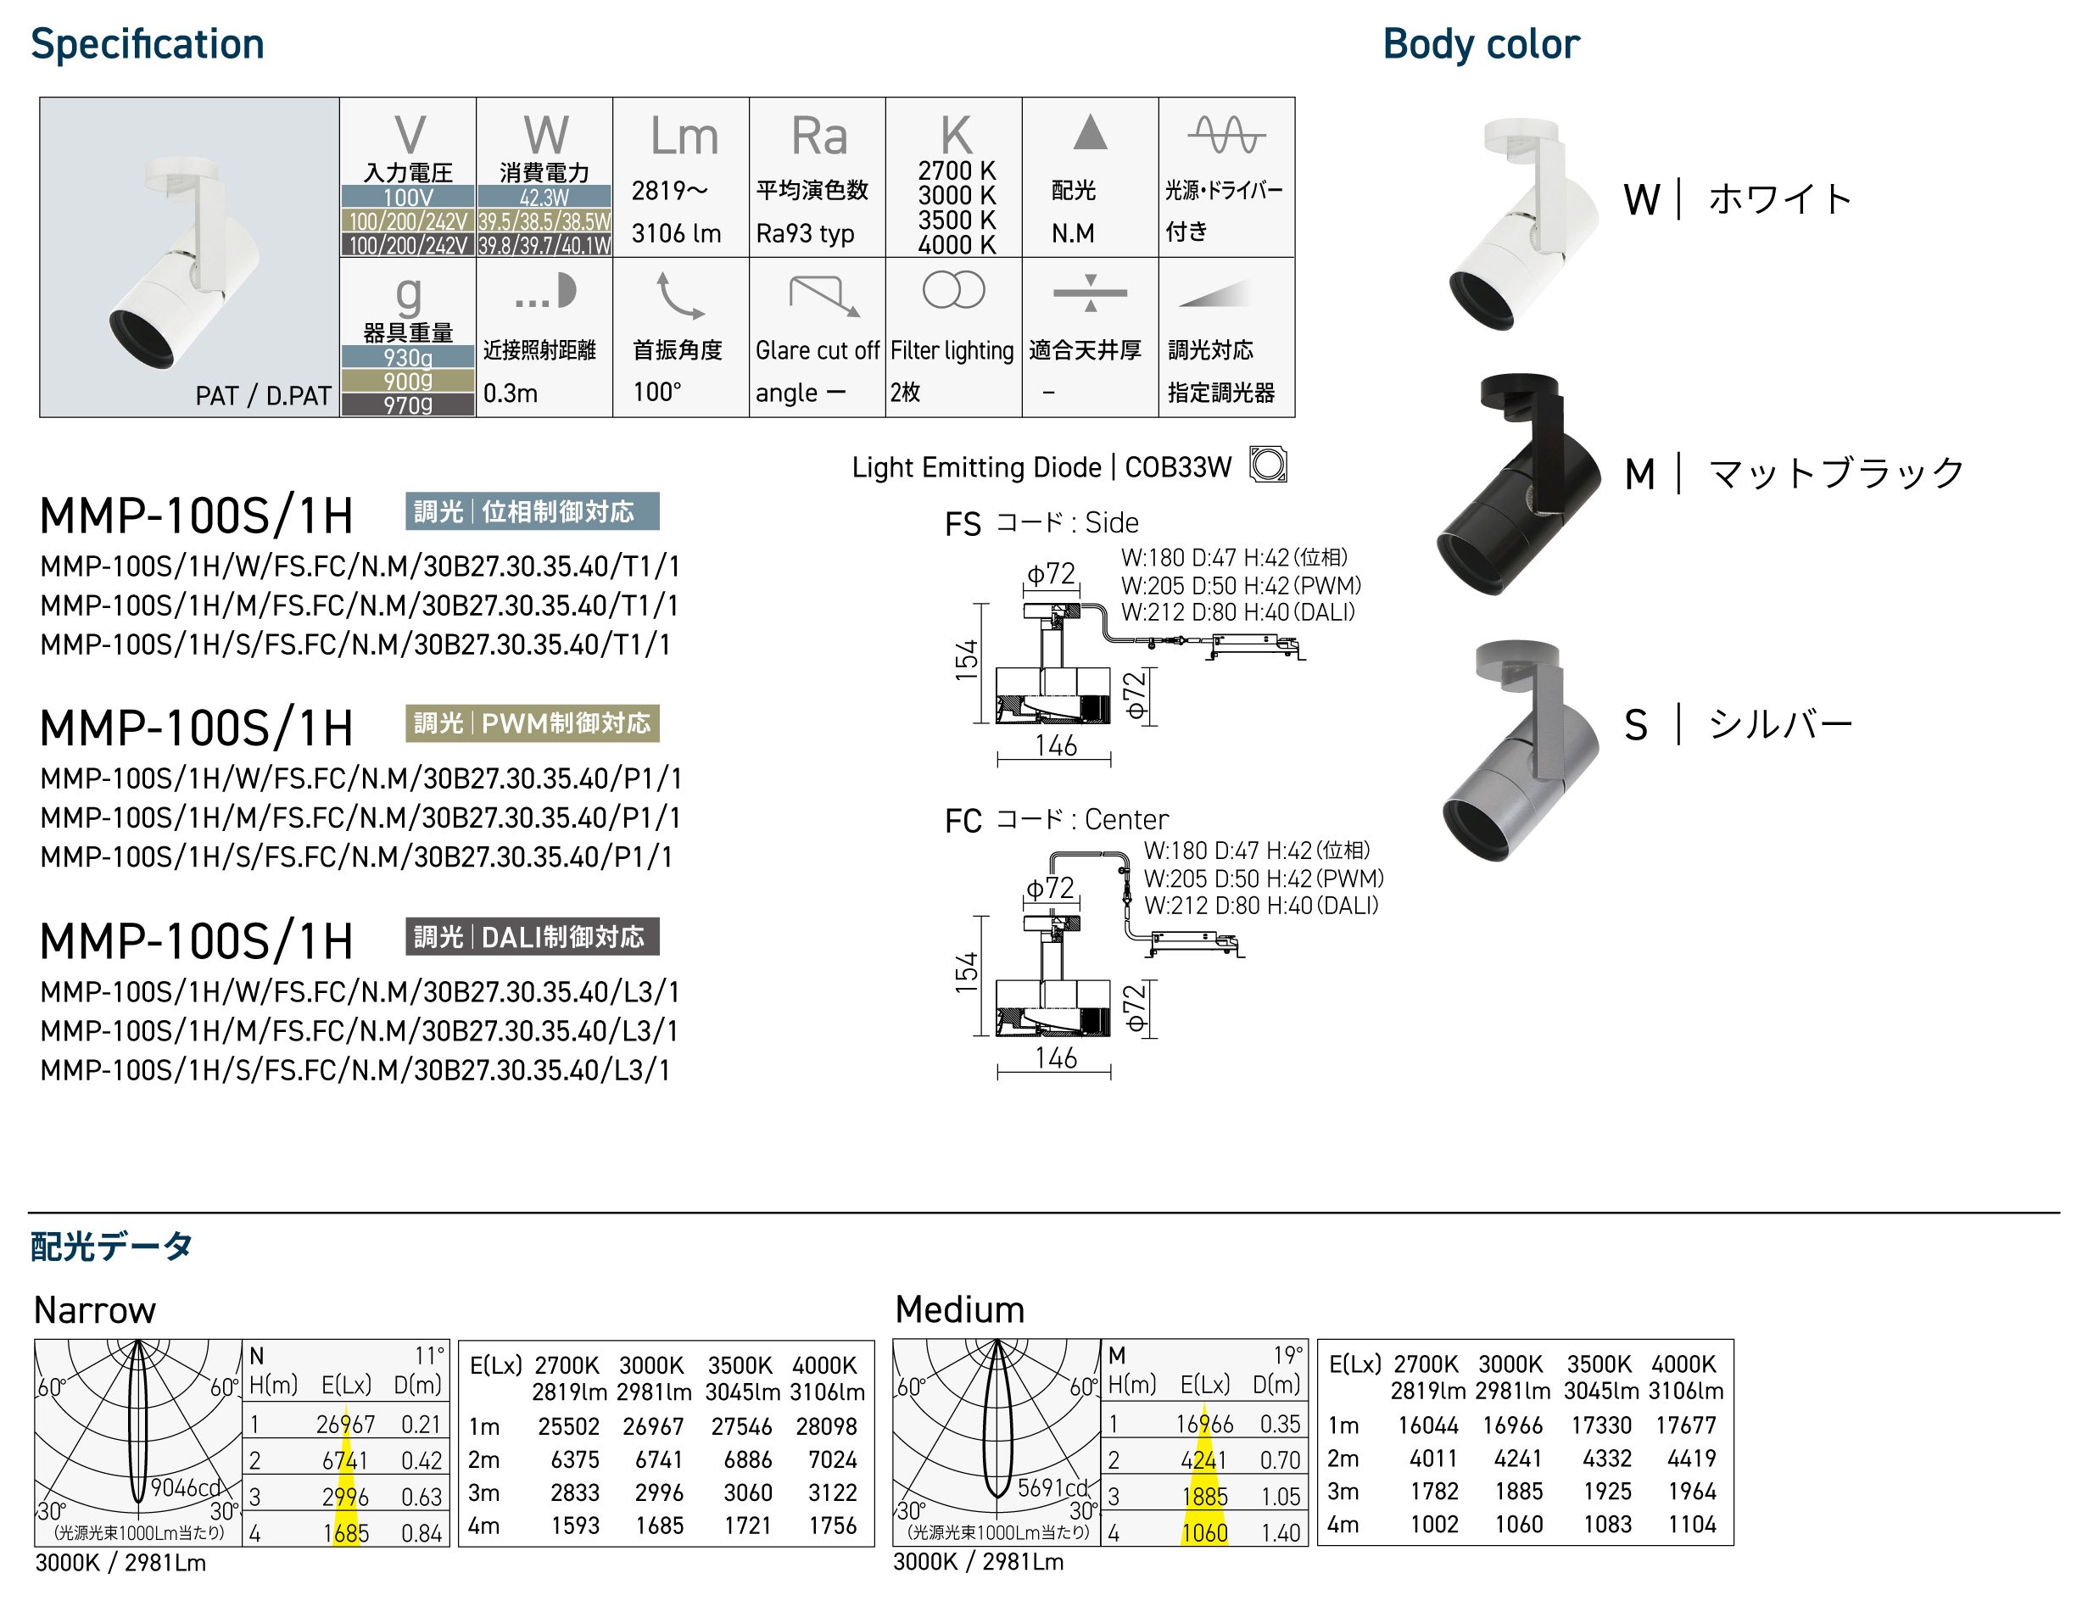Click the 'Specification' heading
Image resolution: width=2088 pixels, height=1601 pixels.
click(147, 45)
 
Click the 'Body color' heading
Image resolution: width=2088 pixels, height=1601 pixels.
click(1481, 45)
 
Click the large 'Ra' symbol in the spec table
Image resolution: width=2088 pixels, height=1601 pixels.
click(818, 137)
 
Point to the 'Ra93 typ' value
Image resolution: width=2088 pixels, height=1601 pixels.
click(806, 233)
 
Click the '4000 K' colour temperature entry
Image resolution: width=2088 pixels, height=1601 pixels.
click(956, 245)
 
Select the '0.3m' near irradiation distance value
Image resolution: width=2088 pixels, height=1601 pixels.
click(511, 393)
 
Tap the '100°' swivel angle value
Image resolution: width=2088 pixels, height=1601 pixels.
click(657, 392)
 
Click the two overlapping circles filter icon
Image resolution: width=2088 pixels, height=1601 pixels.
click(953, 290)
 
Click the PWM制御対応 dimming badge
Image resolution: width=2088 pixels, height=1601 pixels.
click(532, 723)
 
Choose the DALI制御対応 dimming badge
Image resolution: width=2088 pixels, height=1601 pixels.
click(532, 937)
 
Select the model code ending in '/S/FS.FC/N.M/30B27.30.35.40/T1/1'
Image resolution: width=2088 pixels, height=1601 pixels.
click(355, 645)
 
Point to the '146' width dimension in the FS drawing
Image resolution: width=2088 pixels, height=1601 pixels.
click(1056, 745)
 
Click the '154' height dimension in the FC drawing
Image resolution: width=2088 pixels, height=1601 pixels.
click(966, 972)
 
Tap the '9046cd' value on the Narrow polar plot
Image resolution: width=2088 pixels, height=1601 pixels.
click(186, 1487)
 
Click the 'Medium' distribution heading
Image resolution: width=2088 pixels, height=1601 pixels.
click(960, 1309)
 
